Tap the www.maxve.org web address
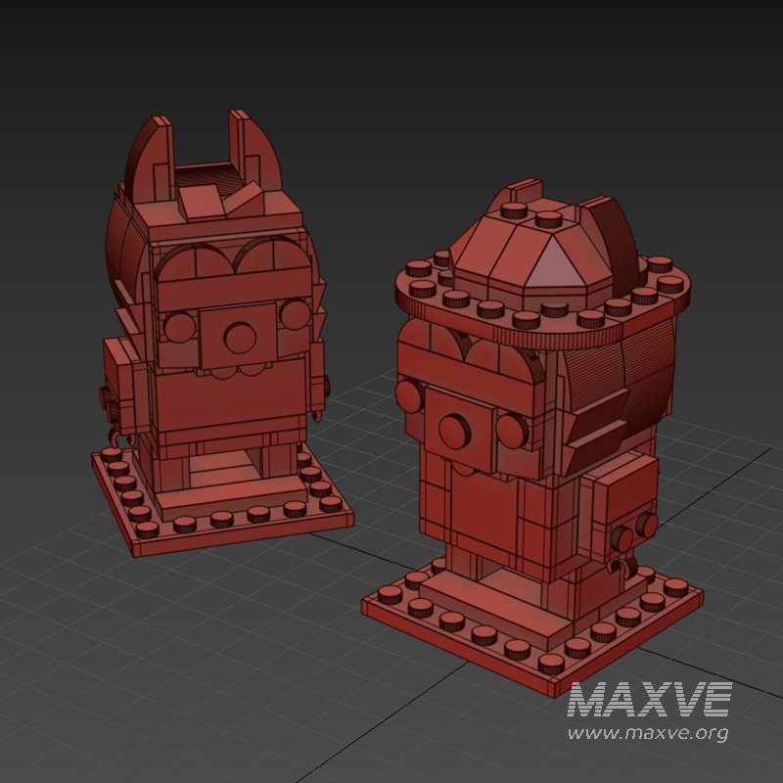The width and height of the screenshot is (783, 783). [x=649, y=732]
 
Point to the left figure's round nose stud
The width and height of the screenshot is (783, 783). [x=238, y=336]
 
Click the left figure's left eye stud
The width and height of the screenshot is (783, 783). [x=179, y=326]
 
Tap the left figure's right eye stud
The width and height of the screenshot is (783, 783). [x=294, y=313]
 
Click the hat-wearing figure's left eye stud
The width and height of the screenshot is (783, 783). [x=410, y=395]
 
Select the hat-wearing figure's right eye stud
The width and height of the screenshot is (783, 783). [x=513, y=429]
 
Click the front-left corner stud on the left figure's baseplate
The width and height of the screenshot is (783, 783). [x=147, y=530]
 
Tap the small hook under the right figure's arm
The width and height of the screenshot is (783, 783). [x=619, y=566]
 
